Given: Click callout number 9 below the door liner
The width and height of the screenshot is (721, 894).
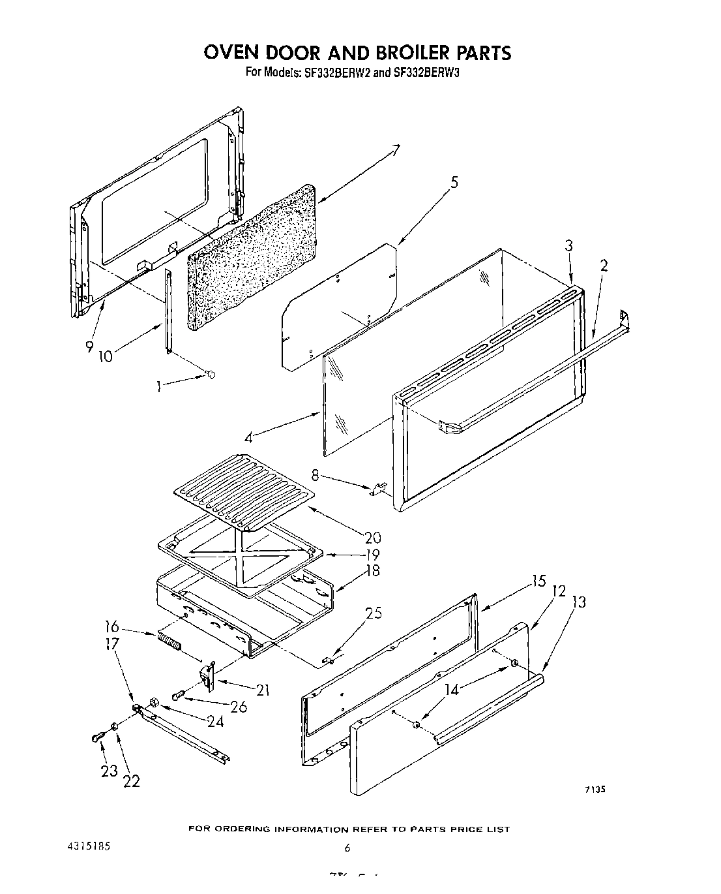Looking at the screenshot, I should tap(89, 347).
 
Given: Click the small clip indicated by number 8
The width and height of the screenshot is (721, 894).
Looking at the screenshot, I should tap(379, 489).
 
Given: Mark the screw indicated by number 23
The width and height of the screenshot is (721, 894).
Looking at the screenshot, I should tap(98, 737).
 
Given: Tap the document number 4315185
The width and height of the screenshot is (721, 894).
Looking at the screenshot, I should tap(87, 846).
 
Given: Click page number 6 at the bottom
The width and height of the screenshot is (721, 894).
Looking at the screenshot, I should tap(347, 848).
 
